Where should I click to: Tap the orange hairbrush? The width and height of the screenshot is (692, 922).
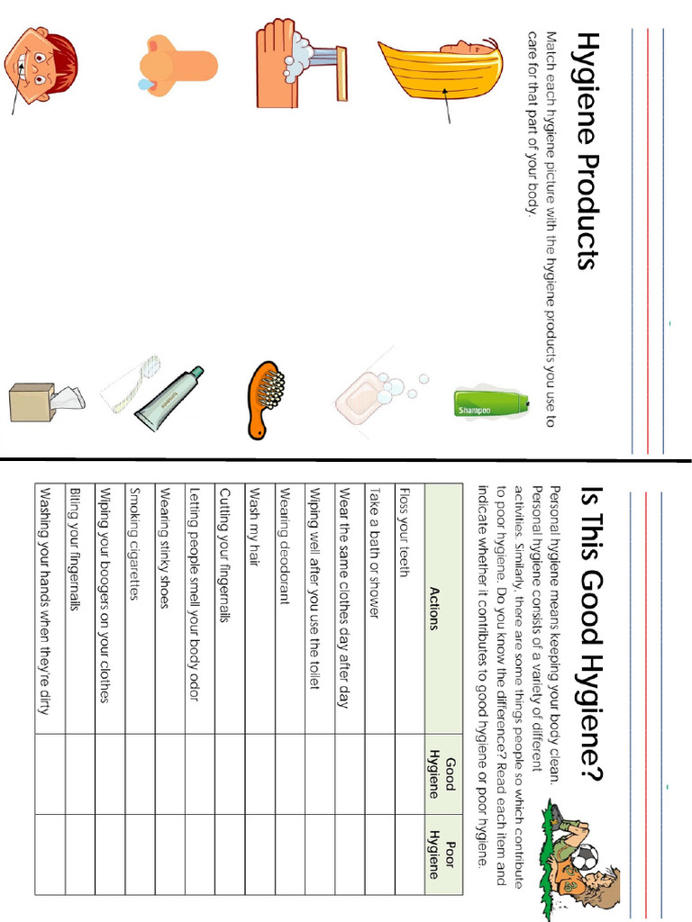pyautogui.click(x=264, y=399)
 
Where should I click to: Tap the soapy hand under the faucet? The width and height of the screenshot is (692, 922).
pyautogui.click(x=297, y=61)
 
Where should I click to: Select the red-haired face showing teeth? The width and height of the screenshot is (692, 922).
pyautogui.click(x=41, y=63)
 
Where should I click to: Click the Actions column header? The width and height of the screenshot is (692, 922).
pyautogui.click(x=435, y=609)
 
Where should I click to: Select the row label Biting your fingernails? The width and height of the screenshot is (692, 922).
pyautogui.click(x=75, y=550)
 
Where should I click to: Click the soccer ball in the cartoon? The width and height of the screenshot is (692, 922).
pyautogui.click(x=585, y=857)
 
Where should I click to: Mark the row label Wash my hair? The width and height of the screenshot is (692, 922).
pyautogui.click(x=255, y=527)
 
